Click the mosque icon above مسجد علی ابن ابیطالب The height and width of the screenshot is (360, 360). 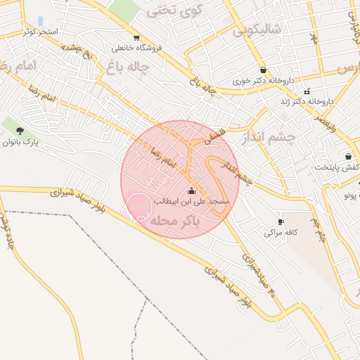click(191, 191)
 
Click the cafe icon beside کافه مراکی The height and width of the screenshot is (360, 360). click(281, 221)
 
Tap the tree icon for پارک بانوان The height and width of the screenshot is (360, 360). click(20, 131)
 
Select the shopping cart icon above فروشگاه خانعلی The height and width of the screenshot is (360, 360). click(136, 37)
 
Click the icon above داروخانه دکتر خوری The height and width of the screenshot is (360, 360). click(264, 70)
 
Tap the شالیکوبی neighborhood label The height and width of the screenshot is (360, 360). click(258, 29)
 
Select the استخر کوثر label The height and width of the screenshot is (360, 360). click(39, 32)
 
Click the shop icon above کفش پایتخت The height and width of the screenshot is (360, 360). click(348, 156)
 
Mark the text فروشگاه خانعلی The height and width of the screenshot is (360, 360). click(136, 48)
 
